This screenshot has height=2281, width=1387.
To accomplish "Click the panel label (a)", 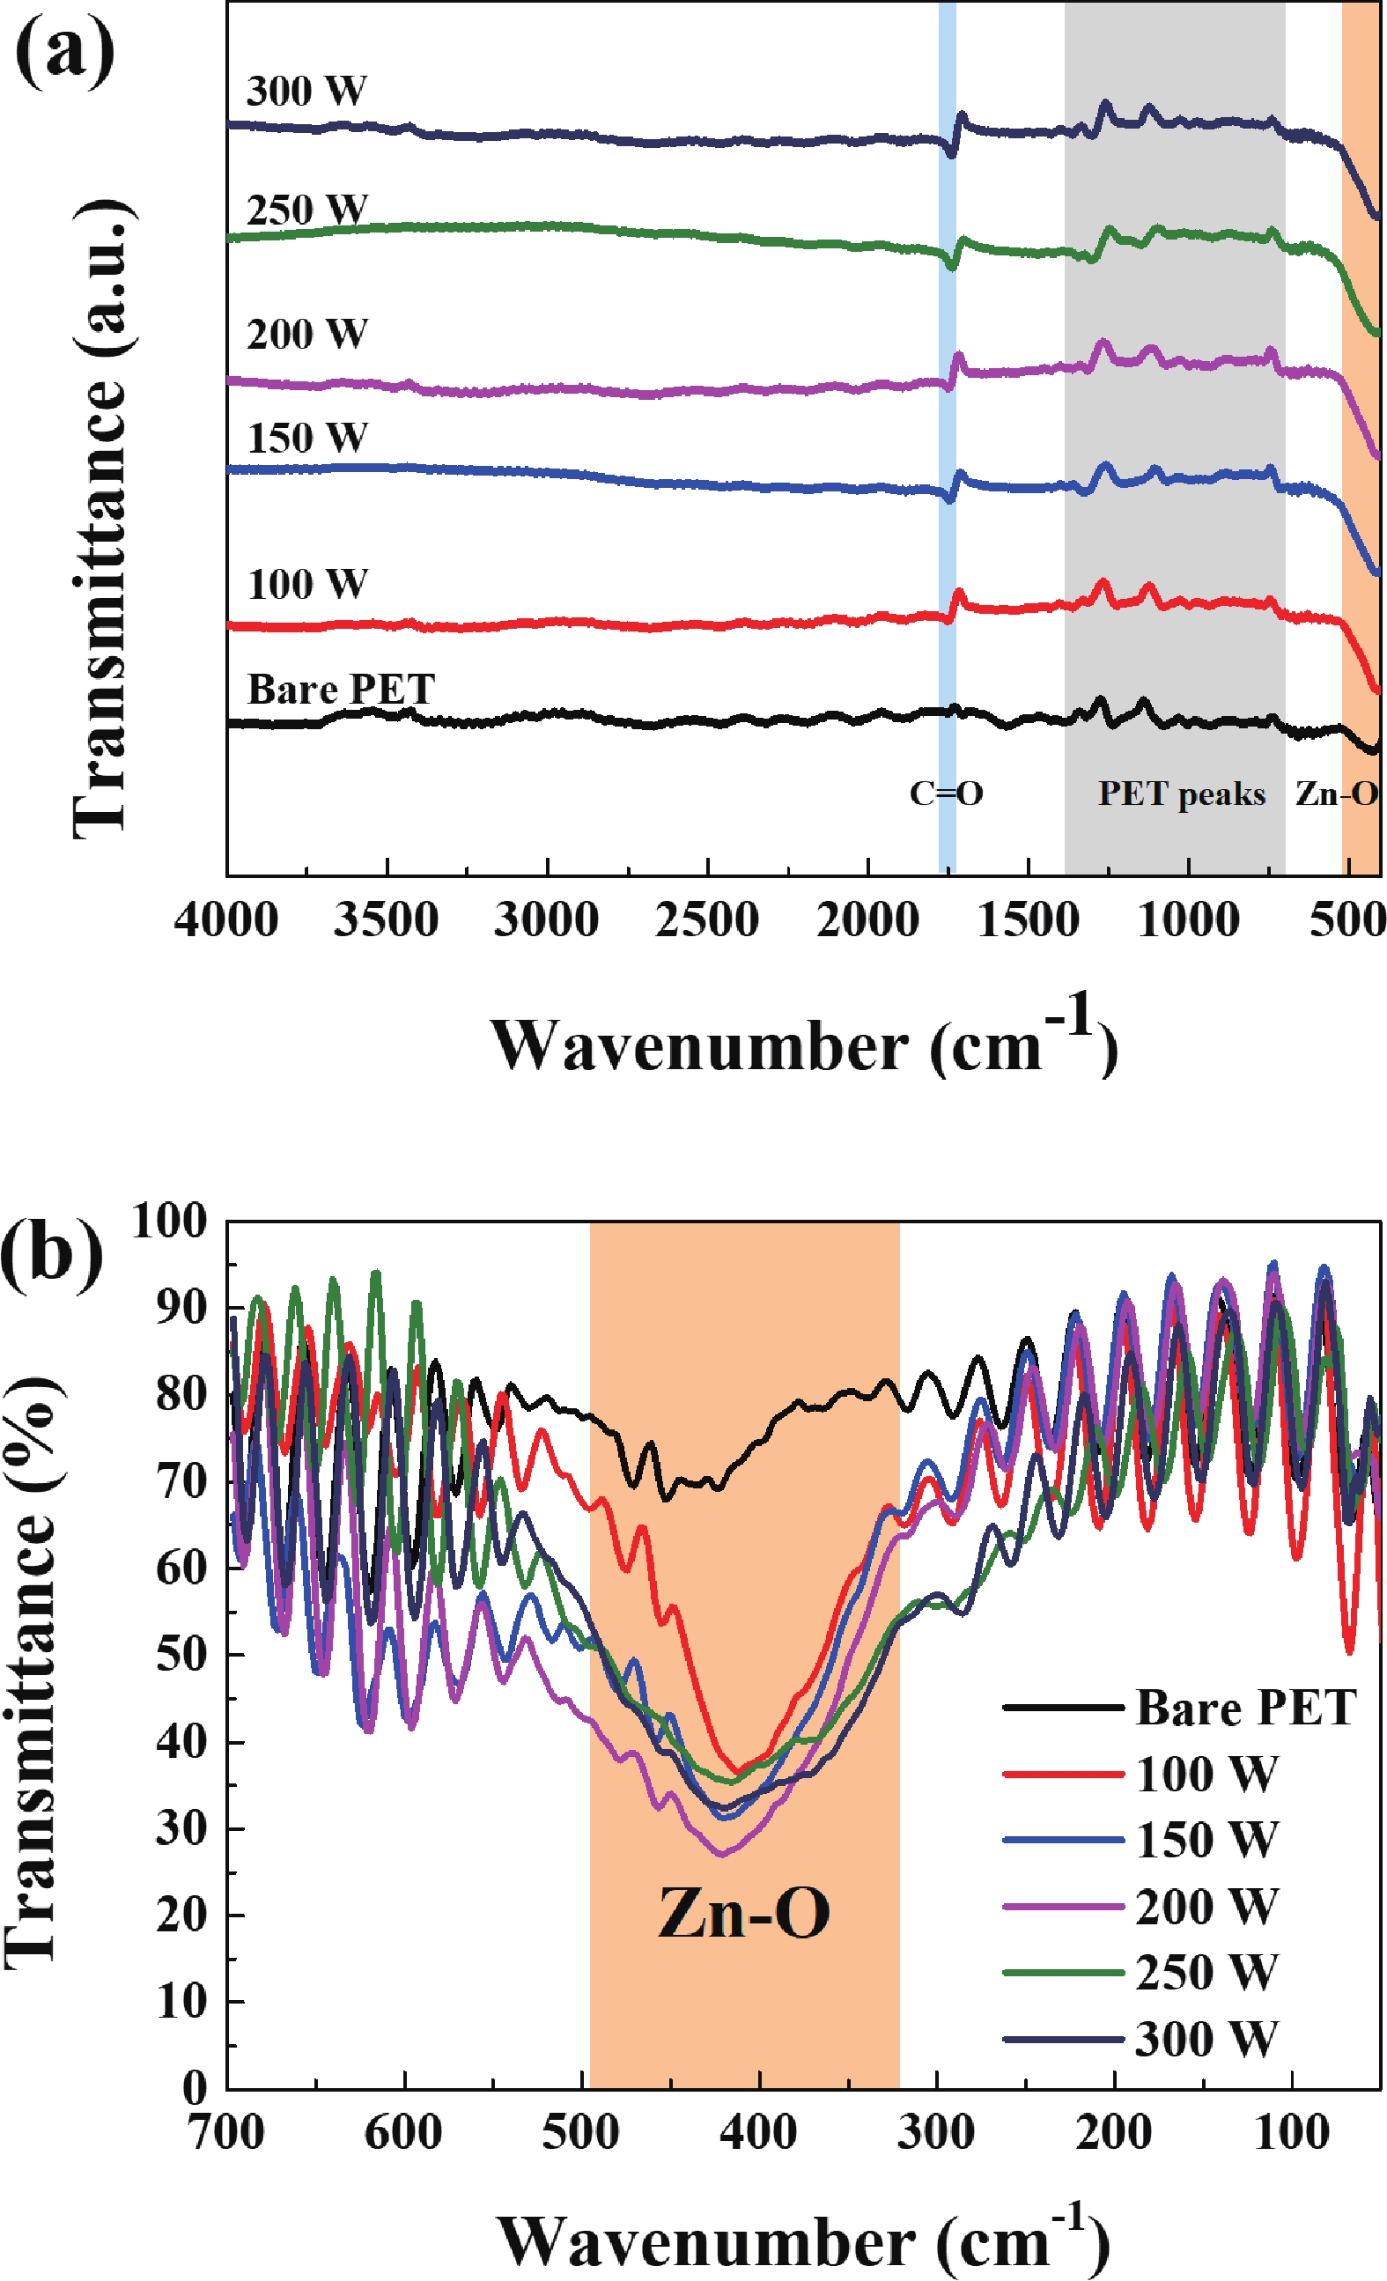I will pyautogui.click(x=65, y=51).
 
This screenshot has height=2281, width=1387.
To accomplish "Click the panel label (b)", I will pyautogui.click(x=52, y=1255).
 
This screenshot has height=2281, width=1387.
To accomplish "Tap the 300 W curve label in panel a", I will pyautogui.click(x=306, y=91).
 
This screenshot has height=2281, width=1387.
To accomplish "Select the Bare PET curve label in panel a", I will pyautogui.click(x=341, y=690).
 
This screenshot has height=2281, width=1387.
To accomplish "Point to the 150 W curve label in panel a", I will pyautogui.click(x=307, y=438).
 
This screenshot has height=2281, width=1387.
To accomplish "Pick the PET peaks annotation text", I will pyautogui.click(x=1182, y=794).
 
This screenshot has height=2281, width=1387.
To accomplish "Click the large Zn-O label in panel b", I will pyautogui.click(x=743, y=1914).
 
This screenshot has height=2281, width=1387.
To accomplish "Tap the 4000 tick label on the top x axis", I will pyautogui.click(x=226, y=920).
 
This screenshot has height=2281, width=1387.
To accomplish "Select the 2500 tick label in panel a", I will pyautogui.click(x=706, y=920).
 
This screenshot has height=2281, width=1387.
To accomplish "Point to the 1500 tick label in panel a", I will pyautogui.click(x=1028, y=920).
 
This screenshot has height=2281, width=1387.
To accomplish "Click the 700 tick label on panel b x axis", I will pyautogui.click(x=226, y=2133).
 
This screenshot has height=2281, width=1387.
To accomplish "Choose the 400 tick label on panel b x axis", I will pyautogui.click(x=759, y=2133).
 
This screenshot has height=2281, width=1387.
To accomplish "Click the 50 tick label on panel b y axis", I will pyautogui.click(x=181, y=1654).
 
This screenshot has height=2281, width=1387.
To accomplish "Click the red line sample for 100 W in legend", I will pyautogui.click(x=1063, y=1775).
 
